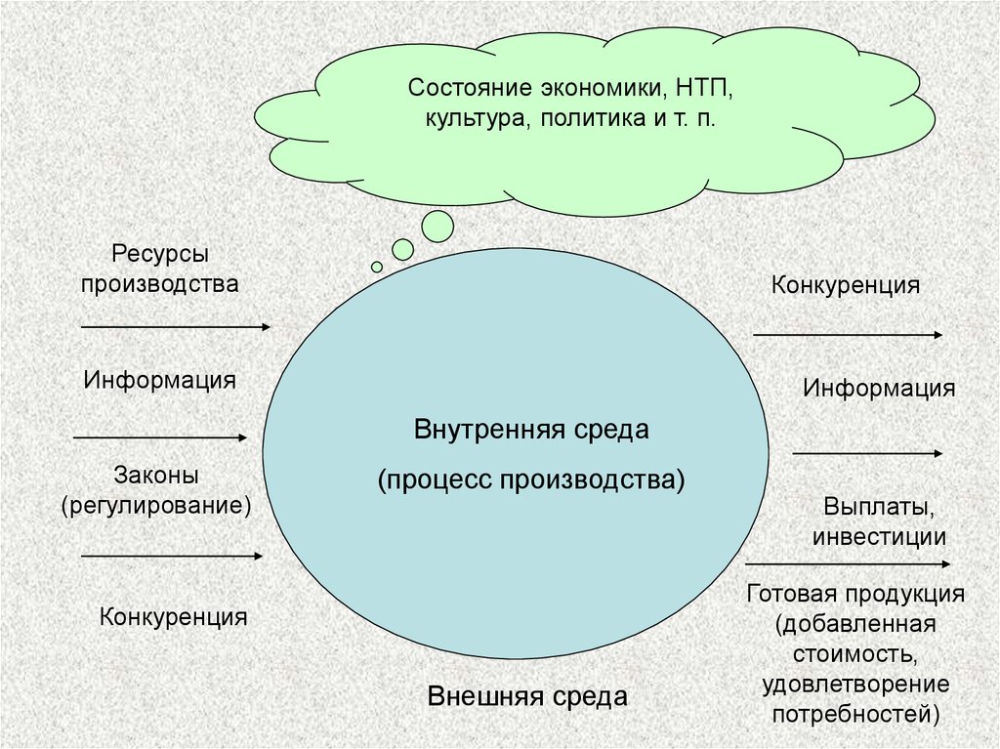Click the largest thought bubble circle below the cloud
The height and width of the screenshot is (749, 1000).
[437, 227]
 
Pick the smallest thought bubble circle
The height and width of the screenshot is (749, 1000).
[377, 267]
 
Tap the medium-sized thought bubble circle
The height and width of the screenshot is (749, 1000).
[402, 250]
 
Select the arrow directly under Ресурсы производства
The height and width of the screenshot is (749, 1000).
[176, 326]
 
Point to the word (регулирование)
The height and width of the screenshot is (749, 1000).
[156, 506]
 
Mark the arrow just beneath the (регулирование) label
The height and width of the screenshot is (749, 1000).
[172, 556]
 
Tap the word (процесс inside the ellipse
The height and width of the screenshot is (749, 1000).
[436, 480]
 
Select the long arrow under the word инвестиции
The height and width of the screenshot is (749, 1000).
[848, 564]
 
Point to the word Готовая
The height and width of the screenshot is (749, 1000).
[791, 594]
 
